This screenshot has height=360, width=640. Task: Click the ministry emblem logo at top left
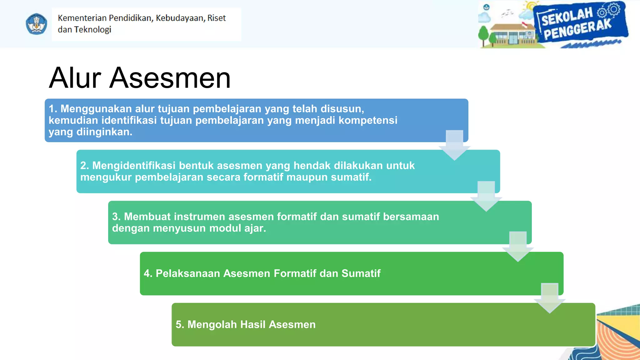36,24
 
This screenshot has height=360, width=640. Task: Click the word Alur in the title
75,78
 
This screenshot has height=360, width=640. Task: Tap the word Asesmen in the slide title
170,78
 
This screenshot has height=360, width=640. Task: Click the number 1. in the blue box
53,109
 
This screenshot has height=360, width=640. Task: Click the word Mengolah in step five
212,325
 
